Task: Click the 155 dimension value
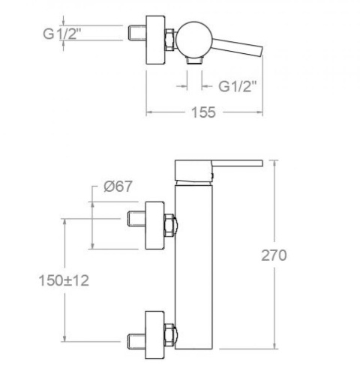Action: [x=203, y=112]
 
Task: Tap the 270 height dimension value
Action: [x=274, y=256]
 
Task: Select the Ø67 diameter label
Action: [x=118, y=187]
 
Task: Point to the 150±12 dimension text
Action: [x=64, y=280]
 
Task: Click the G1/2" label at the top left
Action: [x=62, y=34]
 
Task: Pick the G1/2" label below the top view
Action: [x=238, y=86]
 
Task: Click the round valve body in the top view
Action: [x=194, y=40]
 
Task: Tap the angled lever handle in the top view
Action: [x=237, y=47]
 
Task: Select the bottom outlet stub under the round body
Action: [x=195, y=60]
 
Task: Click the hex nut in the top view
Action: [x=169, y=40]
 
